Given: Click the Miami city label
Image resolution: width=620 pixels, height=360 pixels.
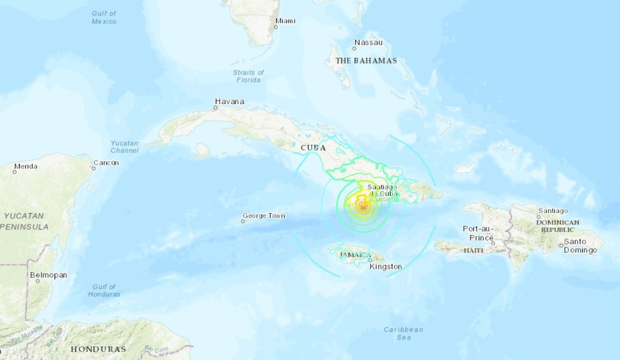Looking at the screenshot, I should click(285, 21).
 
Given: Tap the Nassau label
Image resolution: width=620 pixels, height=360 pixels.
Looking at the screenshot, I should click(369, 43).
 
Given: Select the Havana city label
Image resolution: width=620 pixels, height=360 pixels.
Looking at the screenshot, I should click(229, 102).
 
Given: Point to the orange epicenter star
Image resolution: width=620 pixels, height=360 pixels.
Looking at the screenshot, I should click(363, 205).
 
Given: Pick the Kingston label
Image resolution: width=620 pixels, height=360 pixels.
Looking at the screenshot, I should click(386, 267).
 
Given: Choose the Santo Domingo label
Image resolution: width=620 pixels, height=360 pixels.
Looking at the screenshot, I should click(580, 246).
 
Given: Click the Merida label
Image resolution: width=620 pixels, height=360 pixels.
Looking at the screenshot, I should click(26, 166).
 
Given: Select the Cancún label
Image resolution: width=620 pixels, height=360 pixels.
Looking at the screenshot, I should click(106, 163).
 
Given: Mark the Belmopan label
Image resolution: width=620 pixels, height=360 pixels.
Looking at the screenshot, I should click(49, 275).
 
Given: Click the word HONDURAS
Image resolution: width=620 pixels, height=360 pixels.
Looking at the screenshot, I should click(98, 349).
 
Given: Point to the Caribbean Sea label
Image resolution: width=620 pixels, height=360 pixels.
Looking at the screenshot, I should click(404, 334).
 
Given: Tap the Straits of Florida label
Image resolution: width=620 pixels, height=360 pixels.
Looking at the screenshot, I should click(248, 76).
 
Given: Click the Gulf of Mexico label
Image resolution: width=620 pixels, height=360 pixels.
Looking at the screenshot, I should click(103, 18).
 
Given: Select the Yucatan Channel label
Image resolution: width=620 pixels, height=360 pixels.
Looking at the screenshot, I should click(125, 147).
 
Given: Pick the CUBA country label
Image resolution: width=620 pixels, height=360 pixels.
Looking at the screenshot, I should click(313, 148).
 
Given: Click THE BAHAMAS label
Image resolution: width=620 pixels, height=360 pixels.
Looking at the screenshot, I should click(366, 61).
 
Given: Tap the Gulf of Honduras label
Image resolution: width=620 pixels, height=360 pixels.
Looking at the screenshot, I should click(105, 290).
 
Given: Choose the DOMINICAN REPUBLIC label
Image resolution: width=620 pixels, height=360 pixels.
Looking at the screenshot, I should click(558, 226).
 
